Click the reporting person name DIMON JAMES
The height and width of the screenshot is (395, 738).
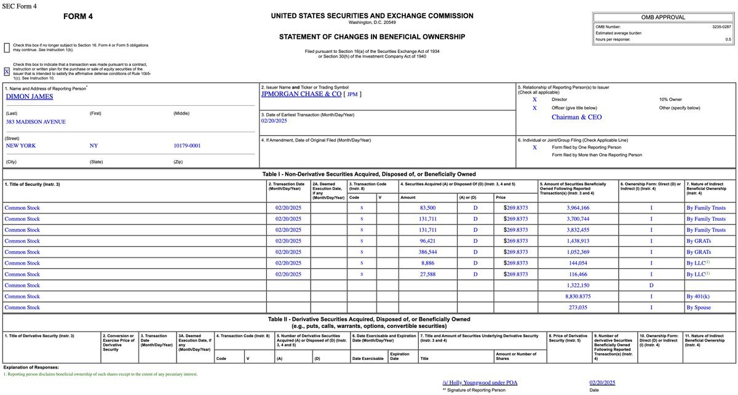click(30, 97)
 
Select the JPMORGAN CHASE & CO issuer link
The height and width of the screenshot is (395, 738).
click(301, 94)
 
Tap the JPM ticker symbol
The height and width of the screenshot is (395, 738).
click(352, 94)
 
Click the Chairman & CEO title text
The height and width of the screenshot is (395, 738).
click(576, 117)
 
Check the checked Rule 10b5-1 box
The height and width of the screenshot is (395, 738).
click(7, 71)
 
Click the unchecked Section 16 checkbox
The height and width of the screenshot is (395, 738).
click(7, 47)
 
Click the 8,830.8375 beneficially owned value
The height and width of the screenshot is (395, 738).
click(577, 297)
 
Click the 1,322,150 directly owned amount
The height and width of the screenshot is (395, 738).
click(577, 285)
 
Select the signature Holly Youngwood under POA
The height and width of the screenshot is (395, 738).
click(480, 383)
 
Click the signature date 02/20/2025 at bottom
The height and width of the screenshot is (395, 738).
click(602, 383)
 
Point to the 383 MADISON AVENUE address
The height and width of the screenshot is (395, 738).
click(36, 122)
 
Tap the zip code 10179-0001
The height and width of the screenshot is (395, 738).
click(186, 146)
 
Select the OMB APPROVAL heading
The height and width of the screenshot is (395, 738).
click(662, 17)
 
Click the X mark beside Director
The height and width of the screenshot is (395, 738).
click(534, 99)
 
